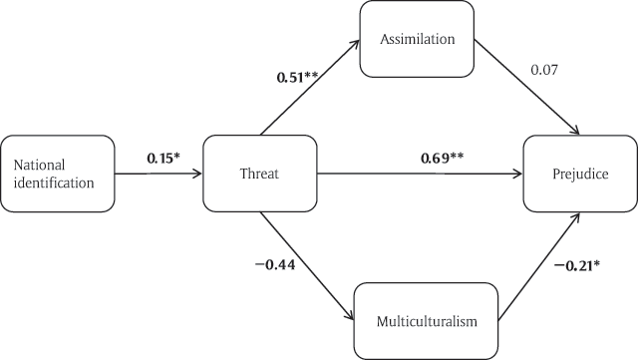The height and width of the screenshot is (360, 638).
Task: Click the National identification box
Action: pyautogui.click(x=57, y=173)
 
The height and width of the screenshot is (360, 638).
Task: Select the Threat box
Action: pyautogui.click(x=258, y=173)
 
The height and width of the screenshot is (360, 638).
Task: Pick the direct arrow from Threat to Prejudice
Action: pyautogui.click(x=419, y=175)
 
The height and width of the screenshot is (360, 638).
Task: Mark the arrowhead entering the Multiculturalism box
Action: pyautogui.click(x=351, y=316)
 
